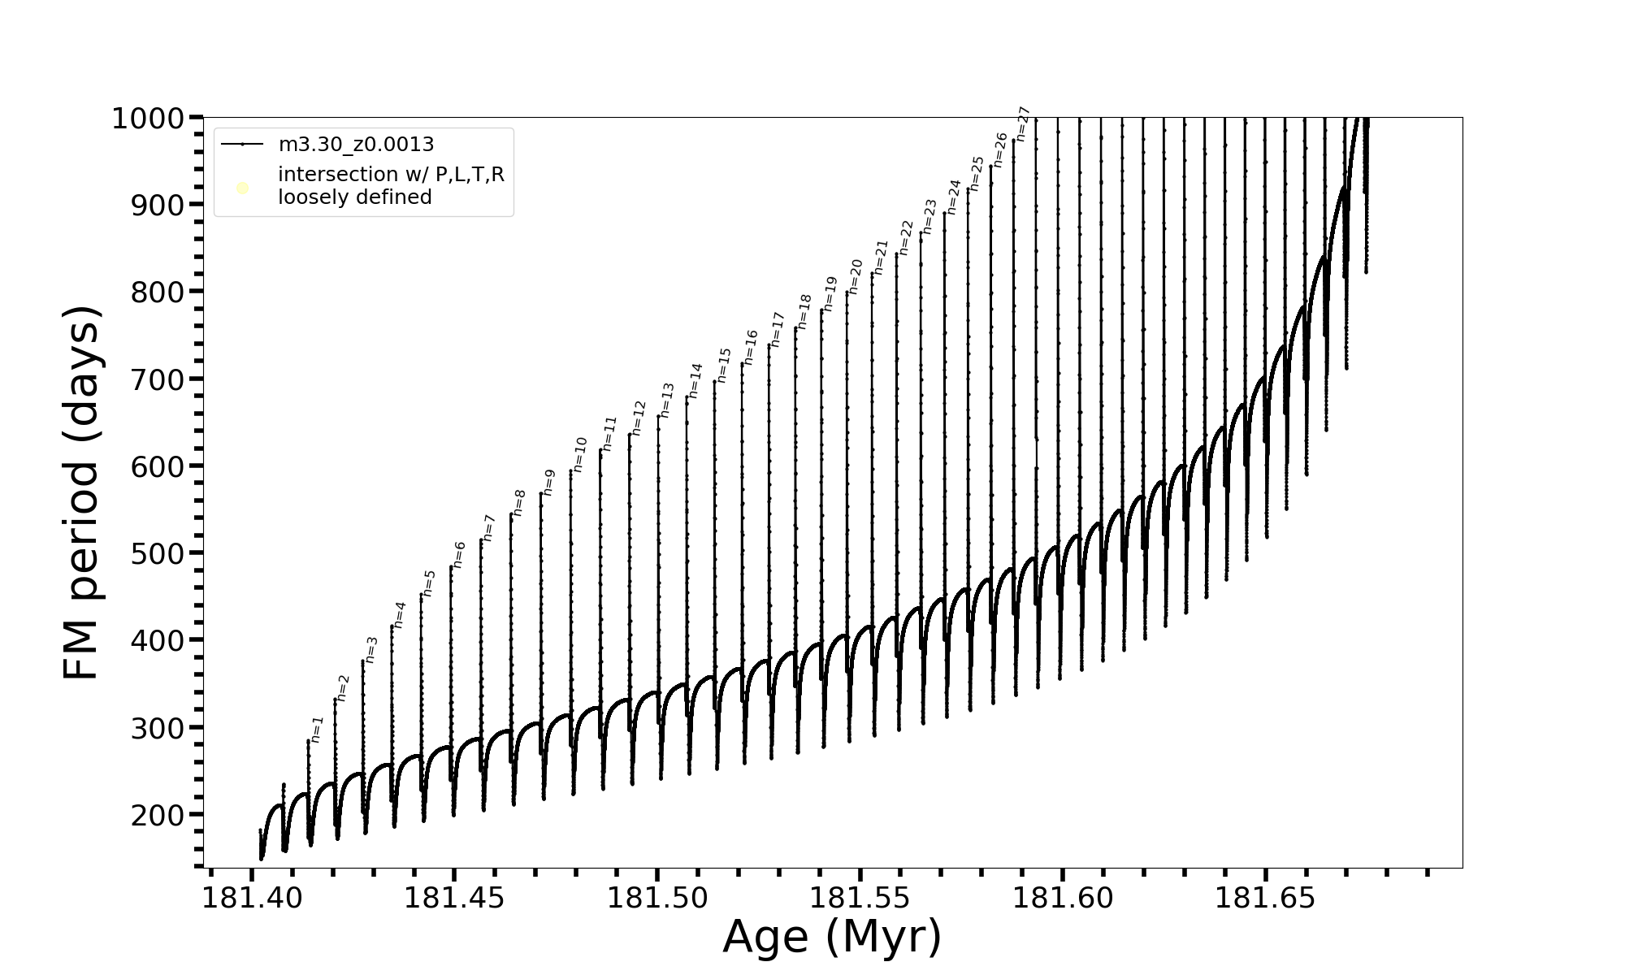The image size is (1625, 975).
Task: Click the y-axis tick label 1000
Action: click(x=148, y=119)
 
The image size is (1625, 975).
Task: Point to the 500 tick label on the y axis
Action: click(x=158, y=553)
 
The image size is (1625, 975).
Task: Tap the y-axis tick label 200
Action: click(x=158, y=815)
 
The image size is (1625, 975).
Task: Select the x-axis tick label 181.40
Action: click(x=252, y=898)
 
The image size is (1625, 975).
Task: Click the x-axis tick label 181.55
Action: click(x=860, y=898)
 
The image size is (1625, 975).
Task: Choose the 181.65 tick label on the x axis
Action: click(x=1265, y=898)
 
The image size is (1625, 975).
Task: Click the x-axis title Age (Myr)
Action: click(x=832, y=937)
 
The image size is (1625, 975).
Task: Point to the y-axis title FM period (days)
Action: click(x=82, y=493)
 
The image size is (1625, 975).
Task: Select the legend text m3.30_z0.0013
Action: click(x=356, y=145)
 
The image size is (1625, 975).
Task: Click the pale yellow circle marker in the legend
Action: click(x=242, y=188)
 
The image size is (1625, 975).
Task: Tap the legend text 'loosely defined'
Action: click(x=354, y=197)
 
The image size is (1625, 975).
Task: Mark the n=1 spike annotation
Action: click(x=317, y=729)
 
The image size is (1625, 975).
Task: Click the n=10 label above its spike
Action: click(x=579, y=454)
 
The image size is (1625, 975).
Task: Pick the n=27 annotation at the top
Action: click(x=1023, y=123)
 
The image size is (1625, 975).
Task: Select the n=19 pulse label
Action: click(x=830, y=294)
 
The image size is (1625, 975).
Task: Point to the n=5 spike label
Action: click(x=429, y=583)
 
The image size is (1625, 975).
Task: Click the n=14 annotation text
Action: click(x=695, y=380)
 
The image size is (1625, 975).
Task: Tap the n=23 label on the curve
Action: click(x=929, y=216)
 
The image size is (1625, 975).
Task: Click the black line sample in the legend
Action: click(x=242, y=145)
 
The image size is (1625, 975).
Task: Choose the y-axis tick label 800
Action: click(x=158, y=292)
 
